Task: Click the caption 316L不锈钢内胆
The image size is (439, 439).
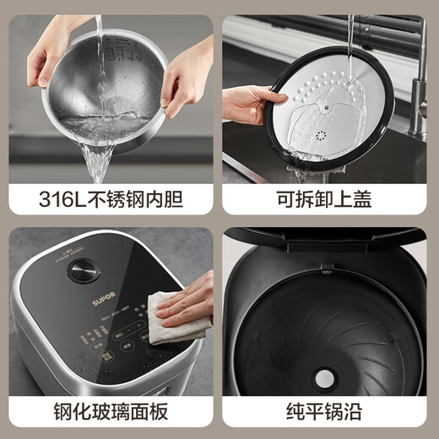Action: click(x=110, y=201)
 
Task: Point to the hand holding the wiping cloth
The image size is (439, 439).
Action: click(x=190, y=300)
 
